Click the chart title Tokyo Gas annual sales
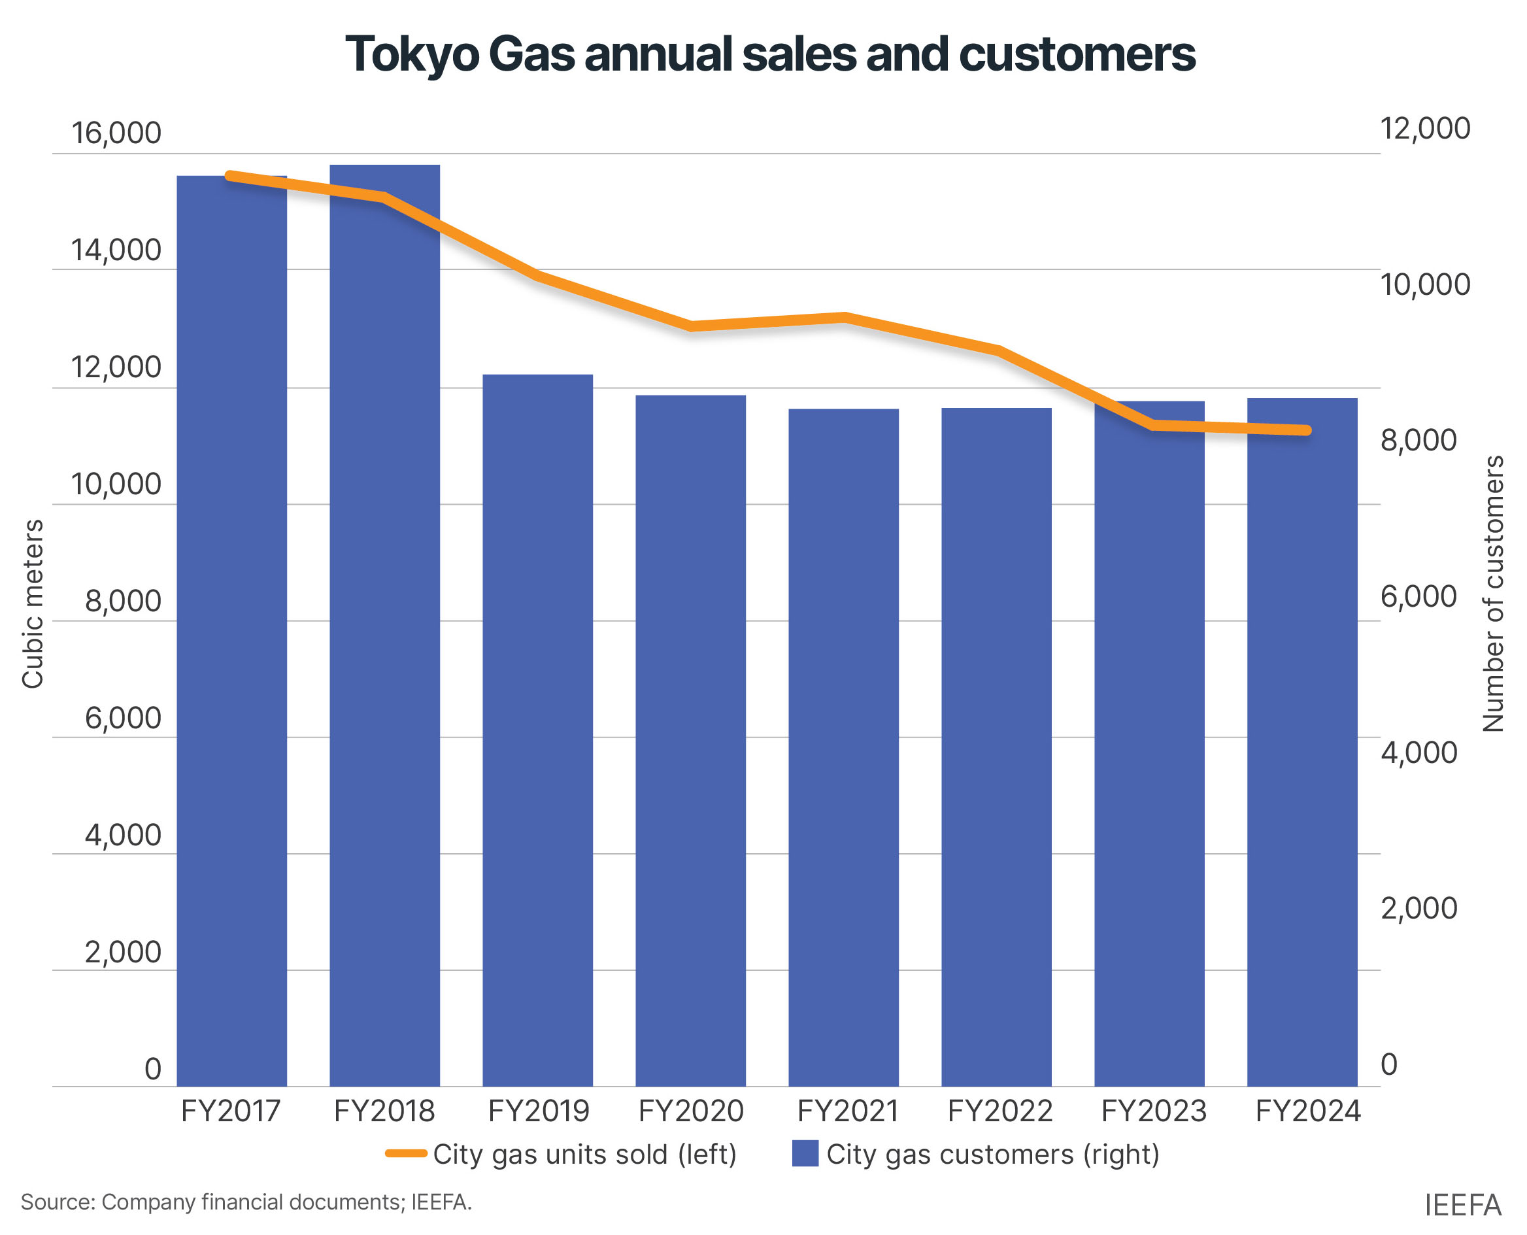pos(769,55)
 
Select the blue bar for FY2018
pos(385,626)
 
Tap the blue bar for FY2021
pos(843,747)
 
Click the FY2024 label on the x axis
pos(1307,1111)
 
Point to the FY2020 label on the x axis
pos(690,1111)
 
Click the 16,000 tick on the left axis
pos(116,133)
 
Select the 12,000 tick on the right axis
pos(1424,129)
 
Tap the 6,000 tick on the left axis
pos(123,719)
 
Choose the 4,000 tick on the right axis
pos(1418,753)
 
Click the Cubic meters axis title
pos(33,604)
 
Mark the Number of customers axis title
pos(1493,594)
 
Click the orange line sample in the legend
pos(406,1153)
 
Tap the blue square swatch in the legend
pos(805,1153)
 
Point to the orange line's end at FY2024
pos(1307,430)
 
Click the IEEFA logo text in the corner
pos(1462,1205)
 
